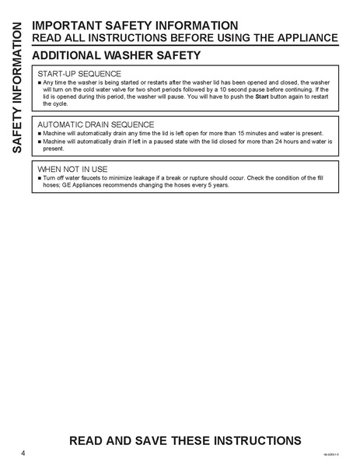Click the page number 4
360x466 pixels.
(24, 453)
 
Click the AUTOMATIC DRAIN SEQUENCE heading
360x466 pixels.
(96, 124)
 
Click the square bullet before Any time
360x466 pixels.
(40, 82)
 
